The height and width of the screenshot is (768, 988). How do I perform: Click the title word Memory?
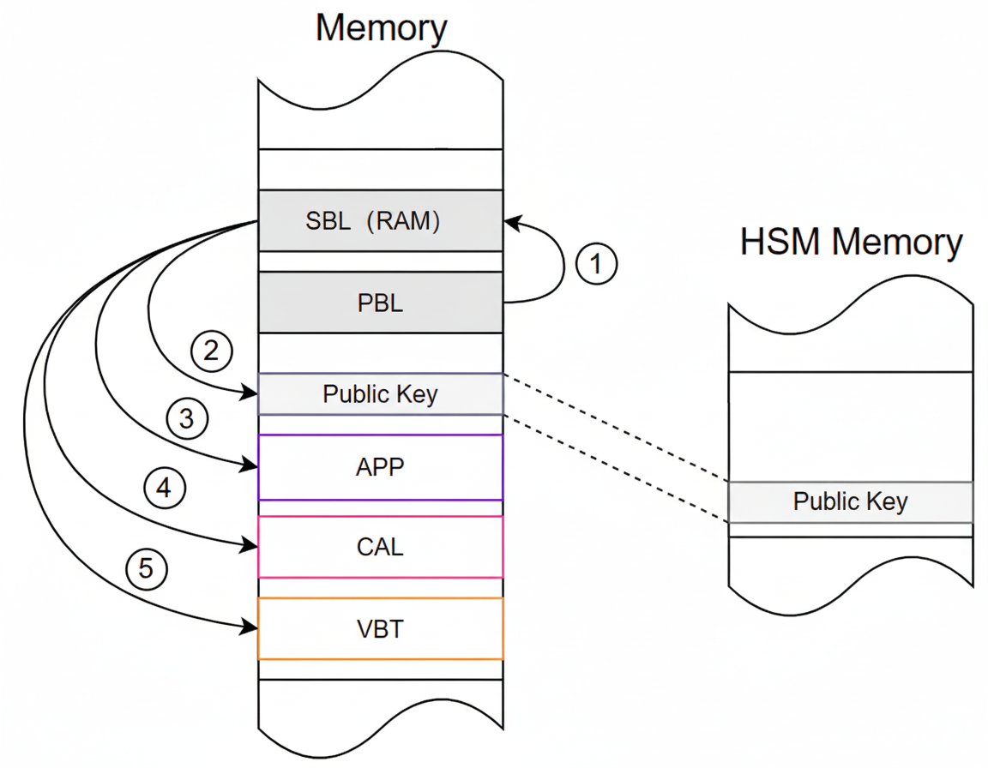pos(381,27)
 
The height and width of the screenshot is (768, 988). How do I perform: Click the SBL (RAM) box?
pos(381,220)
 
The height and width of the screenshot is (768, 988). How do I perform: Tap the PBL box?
pos(381,303)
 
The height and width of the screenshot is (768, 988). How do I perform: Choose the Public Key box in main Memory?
pos(381,394)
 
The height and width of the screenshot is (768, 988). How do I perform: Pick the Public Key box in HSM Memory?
pos(850,502)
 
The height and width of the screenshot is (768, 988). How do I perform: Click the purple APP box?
pos(381,467)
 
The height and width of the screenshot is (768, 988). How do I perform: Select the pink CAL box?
pos(381,547)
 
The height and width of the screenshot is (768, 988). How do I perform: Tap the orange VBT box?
pos(381,629)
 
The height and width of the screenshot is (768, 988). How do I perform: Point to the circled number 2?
pos(211,349)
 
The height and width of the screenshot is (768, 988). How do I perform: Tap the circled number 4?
pos(163,489)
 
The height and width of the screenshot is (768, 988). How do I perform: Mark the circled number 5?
pos(146,569)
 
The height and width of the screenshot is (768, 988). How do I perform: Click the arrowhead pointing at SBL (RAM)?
pos(511,222)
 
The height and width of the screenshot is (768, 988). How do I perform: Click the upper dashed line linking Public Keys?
pos(616,429)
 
